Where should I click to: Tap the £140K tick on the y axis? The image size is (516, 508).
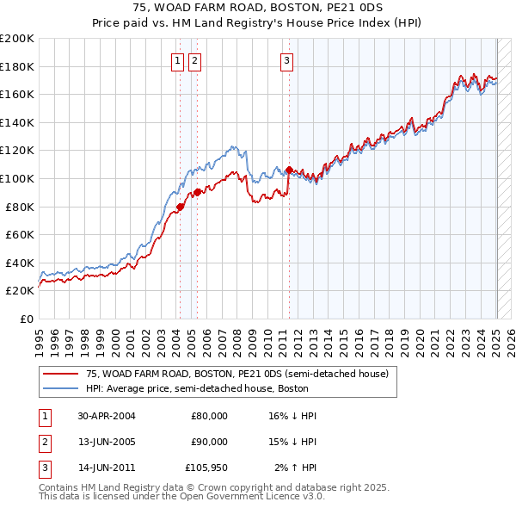(x=17, y=122)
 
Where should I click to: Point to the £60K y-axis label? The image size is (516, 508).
(x=20, y=234)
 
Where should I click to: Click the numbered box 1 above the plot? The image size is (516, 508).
(x=177, y=60)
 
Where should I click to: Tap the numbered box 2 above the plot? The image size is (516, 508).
(x=195, y=60)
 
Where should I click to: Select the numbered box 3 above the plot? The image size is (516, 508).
(x=286, y=60)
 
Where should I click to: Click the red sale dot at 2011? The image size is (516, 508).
(x=289, y=170)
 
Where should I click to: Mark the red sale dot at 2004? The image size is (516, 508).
(x=181, y=207)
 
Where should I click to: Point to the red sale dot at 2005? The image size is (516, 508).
(x=198, y=192)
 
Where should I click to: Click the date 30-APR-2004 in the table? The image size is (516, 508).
(x=107, y=416)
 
